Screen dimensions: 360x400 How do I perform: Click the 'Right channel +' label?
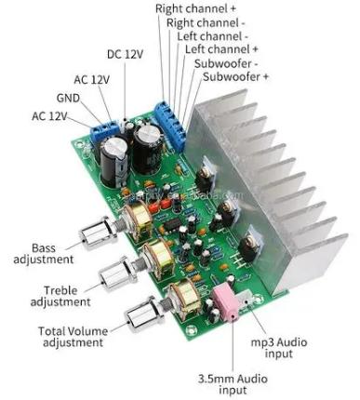pyautogui.click(x=195, y=8)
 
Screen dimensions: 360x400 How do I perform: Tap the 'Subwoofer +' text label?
pyautogui.click(x=235, y=76)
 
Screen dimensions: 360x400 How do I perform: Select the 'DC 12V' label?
pyautogui.click(x=125, y=54)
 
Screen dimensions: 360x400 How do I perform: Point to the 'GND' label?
pyautogui.click(x=68, y=98)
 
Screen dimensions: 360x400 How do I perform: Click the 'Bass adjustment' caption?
pyautogui.click(x=44, y=254)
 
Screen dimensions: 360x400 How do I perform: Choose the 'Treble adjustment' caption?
pyautogui.click(x=60, y=296)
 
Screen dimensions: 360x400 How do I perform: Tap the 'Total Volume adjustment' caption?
pyautogui.click(x=73, y=337)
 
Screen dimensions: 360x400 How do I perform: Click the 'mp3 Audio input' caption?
pyautogui.click(x=279, y=348)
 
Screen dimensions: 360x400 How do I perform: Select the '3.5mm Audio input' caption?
pyautogui.click(x=233, y=384)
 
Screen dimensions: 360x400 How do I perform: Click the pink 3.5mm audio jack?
pyautogui.click(x=225, y=304)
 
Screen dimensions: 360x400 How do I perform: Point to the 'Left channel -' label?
pyautogui.click(x=212, y=36)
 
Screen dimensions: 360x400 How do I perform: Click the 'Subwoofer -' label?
pyautogui.click(x=226, y=63)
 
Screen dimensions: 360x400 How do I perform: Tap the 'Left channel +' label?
pyautogui.click(x=221, y=49)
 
